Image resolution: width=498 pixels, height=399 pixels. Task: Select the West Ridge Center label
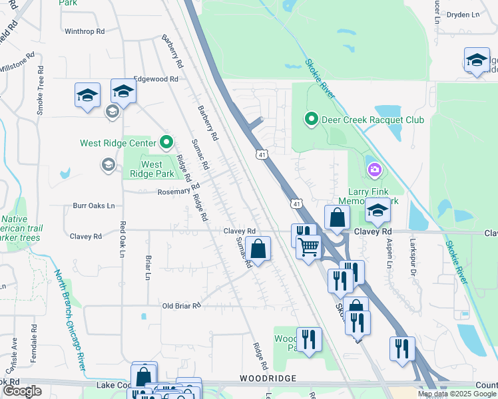point(118,143)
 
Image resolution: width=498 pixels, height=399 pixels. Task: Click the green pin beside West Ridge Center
point(166,142)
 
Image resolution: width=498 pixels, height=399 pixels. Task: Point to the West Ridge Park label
point(152,169)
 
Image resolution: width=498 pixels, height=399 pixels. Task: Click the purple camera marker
point(375,171)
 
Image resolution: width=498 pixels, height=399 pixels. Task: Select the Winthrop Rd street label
point(85,31)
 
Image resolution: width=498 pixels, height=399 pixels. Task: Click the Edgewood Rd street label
point(156,78)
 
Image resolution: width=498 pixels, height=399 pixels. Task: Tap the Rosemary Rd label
point(174,192)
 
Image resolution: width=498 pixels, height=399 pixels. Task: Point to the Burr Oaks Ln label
point(94,205)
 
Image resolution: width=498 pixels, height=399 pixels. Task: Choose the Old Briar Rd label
point(182,306)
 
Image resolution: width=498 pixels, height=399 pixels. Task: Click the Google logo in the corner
point(22,391)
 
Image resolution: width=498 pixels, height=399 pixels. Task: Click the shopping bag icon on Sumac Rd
point(258,249)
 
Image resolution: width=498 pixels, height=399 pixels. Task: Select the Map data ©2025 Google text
point(457,394)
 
